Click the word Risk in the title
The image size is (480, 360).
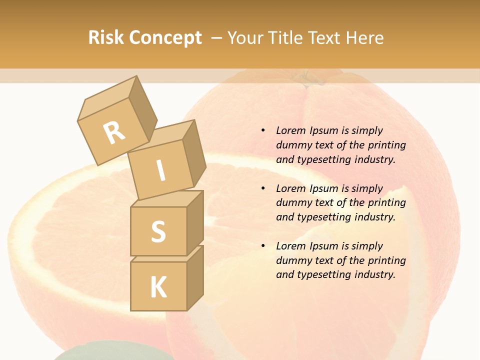[x=105, y=38]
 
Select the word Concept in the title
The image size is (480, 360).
[x=165, y=38]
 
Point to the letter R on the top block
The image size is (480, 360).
[x=114, y=133]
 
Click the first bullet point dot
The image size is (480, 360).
[x=263, y=130]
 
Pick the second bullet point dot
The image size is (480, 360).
[x=263, y=188]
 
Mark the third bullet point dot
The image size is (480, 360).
[x=263, y=246]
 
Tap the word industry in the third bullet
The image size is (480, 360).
[x=374, y=274]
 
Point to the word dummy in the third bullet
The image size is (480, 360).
[x=293, y=260]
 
